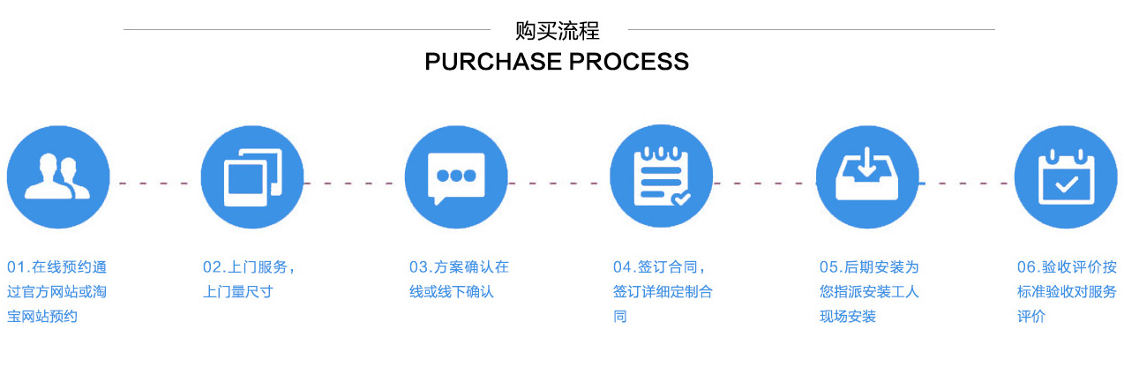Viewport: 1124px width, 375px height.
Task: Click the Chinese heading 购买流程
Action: (x=558, y=31)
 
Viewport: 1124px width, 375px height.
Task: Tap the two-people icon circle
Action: (x=58, y=177)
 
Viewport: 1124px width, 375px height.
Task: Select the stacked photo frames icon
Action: (x=252, y=177)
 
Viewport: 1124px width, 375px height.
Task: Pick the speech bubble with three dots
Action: (x=456, y=177)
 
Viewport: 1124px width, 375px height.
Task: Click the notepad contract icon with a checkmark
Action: (x=661, y=177)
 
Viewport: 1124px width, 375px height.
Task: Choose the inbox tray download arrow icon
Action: (x=867, y=177)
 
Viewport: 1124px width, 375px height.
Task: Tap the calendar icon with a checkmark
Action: (x=1066, y=177)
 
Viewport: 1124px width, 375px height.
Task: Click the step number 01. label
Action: (x=19, y=267)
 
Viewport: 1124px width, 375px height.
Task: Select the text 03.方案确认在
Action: (x=459, y=267)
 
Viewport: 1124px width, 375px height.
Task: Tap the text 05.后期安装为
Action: (x=869, y=267)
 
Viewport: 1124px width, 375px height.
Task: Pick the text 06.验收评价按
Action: (x=1067, y=267)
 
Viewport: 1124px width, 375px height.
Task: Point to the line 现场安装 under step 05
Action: (x=848, y=317)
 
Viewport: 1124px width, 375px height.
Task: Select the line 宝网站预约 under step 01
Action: (x=42, y=317)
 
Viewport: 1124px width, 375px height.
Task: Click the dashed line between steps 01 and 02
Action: (x=155, y=184)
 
